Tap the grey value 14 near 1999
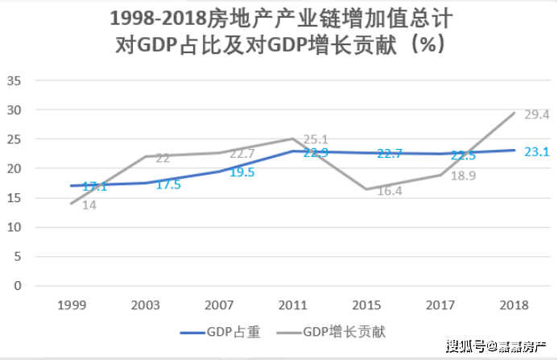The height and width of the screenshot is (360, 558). click(89, 205)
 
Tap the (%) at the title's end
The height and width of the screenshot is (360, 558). click(424, 44)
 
